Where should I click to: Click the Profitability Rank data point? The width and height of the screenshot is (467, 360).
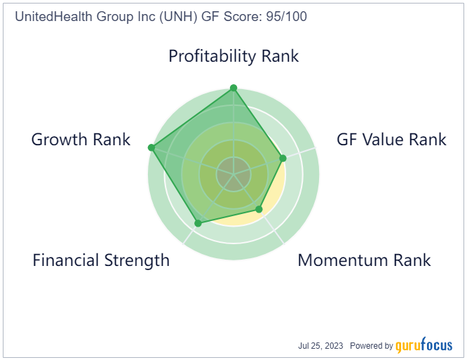click(x=233, y=88)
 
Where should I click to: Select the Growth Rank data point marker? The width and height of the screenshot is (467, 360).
click(x=151, y=147)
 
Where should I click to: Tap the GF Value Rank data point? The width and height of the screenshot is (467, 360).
click(x=283, y=158)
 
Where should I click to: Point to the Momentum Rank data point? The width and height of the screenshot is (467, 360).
click(x=259, y=209)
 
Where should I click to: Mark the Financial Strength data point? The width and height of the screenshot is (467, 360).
click(x=198, y=223)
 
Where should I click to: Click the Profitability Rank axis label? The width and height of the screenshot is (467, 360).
click(x=233, y=56)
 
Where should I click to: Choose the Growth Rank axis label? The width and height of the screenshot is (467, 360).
click(x=81, y=140)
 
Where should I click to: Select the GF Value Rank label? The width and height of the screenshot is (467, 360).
click(x=391, y=140)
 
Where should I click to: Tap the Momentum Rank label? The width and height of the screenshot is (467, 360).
click(x=364, y=260)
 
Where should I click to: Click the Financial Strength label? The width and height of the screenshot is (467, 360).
click(x=101, y=261)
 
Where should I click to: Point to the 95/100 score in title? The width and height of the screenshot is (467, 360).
click(x=287, y=16)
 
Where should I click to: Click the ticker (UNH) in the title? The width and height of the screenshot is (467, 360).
click(x=178, y=17)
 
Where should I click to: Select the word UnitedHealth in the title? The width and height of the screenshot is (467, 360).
click(x=54, y=16)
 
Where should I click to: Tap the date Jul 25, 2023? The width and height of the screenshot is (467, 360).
click(x=320, y=346)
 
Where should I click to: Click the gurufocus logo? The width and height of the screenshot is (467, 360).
click(x=424, y=345)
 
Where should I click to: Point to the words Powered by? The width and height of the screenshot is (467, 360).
click(x=372, y=346)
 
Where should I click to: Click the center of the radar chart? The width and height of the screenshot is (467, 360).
click(x=233, y=174)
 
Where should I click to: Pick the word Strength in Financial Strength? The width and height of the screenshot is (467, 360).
click(x=137, y=261)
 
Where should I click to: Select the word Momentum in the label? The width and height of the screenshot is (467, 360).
click(x=343, y=260)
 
